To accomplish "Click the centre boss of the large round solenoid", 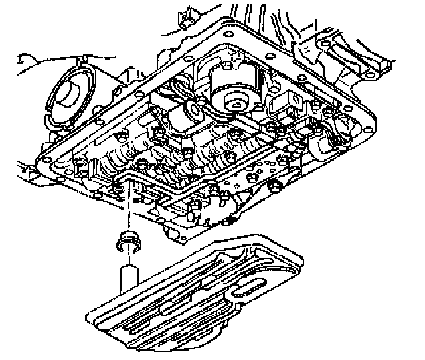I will click(x=234, y=102).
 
